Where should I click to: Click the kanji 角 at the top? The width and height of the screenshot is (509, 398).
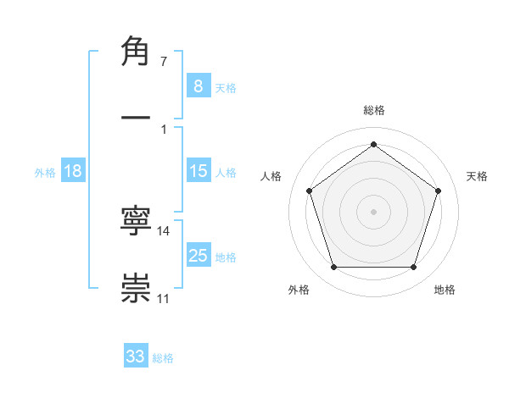pyautogui.click(x=136, y=53)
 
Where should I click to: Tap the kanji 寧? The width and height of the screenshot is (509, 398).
pyautogui.click(x=136, y=224)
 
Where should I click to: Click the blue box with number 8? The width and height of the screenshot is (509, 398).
pyautogui.click(x=198, y=86)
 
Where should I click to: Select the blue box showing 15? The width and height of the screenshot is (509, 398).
pyautogui.click(x=198, y=171)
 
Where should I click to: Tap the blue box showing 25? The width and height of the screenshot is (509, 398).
pyautogui.click(x=198, y=256)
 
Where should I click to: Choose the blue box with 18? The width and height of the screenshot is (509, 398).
pyautogui.click(x=73, y=171)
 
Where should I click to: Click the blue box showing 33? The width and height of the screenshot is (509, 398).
pyautogui.click(x=136, y=356)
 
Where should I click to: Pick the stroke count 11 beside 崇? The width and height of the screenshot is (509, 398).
pyautogui.click(x=164, y=299)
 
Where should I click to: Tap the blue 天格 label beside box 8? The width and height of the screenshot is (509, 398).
pyautogui.click(x=226, y=87)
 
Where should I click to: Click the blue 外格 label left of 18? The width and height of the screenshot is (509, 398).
pyautogui.click(x=45, y=172)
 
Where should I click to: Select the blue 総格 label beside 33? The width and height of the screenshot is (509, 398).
pyautogui.click(x=163, y=357)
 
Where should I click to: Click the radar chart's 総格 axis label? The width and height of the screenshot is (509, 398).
pyautogui.click(x=374, y=110)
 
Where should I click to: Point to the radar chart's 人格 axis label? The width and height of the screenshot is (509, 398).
pyautogui.click(x=271, y=176)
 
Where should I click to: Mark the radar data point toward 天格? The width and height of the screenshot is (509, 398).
pyautogui.click(x=438, y=191)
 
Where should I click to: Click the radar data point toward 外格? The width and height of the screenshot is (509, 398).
pyautogui.click(x=333, y=268)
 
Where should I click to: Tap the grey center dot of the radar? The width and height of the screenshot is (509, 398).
pyautogui.click(x=374, y=211)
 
